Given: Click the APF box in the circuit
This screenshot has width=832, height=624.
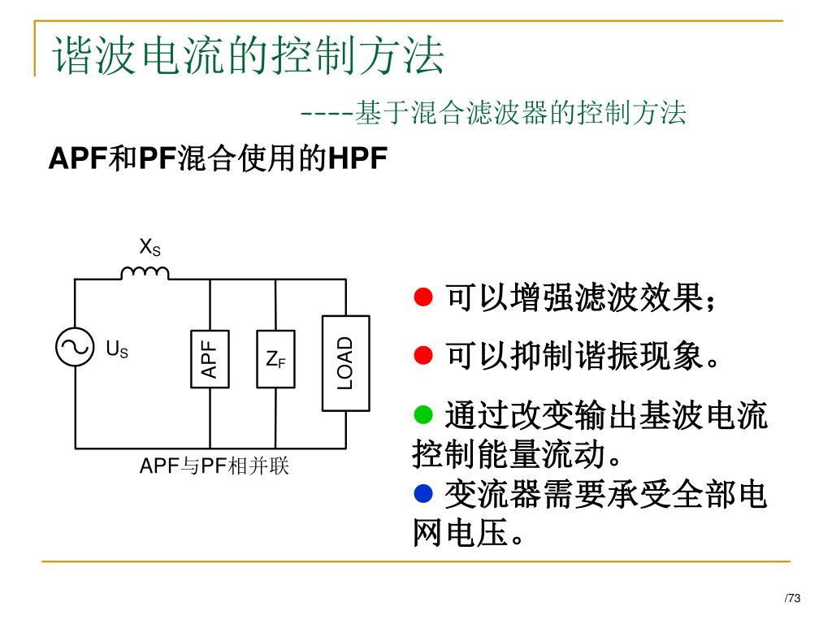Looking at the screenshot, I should (210, 359).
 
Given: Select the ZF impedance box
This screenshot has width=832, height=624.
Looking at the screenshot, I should (275, 359).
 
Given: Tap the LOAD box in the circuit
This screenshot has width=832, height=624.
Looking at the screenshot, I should (345, 362).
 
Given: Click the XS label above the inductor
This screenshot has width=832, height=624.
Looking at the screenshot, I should (150, 246).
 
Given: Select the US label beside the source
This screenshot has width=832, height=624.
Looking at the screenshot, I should (117, 350).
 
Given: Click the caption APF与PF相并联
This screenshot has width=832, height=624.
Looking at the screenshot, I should (214, 466).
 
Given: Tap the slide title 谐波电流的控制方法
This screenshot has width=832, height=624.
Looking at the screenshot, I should (249, 57).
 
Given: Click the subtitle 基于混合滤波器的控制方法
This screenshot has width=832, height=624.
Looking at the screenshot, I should (521, 113).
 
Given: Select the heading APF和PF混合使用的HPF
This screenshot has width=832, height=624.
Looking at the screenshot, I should (218, 158).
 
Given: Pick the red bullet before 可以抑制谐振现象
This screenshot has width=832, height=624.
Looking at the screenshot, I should (422, 355).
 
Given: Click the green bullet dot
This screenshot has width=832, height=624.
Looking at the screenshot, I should (422, 416).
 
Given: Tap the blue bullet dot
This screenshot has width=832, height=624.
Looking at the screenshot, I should (422, 492).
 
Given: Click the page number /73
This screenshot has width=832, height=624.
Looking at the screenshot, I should (792, 599).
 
